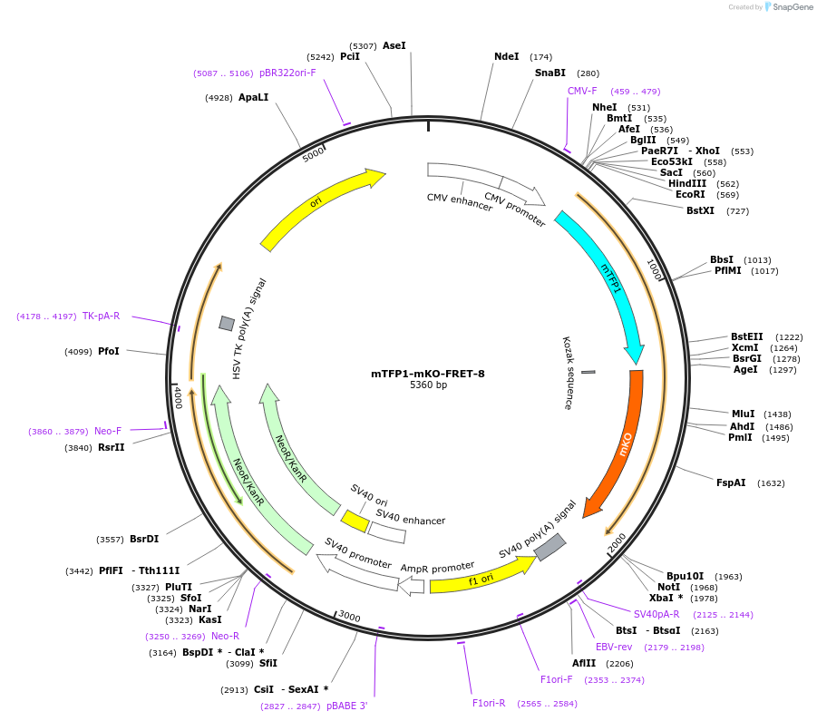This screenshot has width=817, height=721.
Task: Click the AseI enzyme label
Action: coord(394,45)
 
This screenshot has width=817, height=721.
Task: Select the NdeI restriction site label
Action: coord(506,56)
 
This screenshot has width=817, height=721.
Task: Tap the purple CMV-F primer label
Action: coord(582,91)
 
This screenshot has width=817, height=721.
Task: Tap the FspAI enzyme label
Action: coord(731,483)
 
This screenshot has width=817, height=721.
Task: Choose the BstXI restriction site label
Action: coord(700,211)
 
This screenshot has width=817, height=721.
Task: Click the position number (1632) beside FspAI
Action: coord(771,483)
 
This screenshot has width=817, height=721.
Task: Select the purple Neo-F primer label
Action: coord(108,432)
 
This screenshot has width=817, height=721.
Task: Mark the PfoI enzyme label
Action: coord(108,352)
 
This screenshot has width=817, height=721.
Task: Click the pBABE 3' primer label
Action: coord(347,706)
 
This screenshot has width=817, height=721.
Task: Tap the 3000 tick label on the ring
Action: coord(349,618)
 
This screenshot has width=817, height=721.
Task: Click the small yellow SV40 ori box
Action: coord(355,521)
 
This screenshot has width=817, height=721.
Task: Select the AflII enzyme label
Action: coord(584,663)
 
